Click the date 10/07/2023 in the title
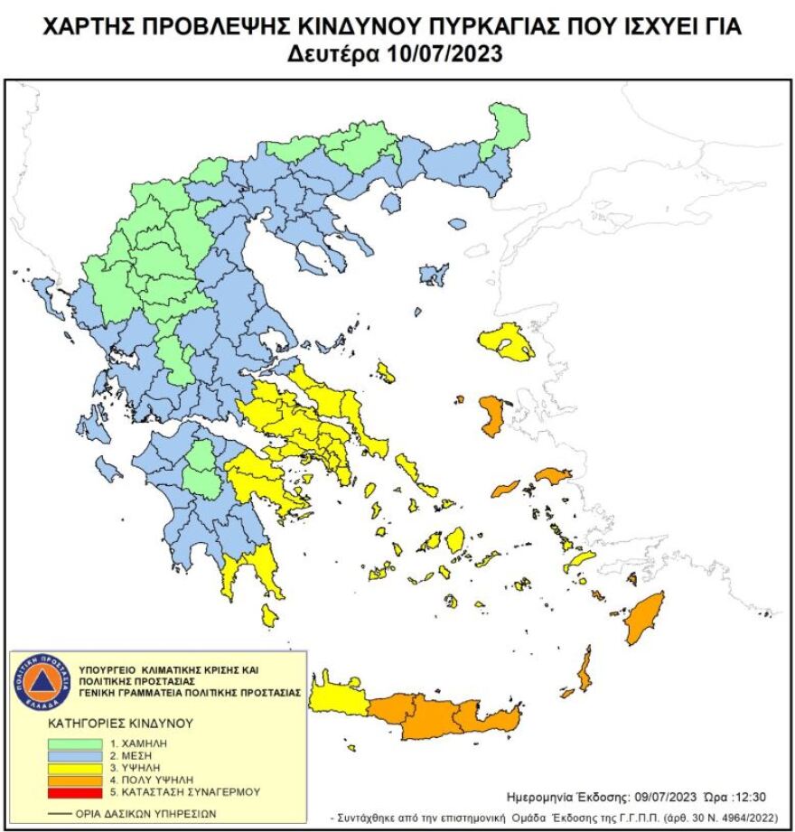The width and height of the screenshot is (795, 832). (x=444, y=54)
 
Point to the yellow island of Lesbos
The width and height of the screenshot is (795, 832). (x=508, y=341)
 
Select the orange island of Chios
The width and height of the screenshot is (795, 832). (x=493, y=416)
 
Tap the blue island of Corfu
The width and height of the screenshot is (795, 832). (x=42, y=294)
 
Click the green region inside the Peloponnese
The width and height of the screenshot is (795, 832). (x=202, y=470)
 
